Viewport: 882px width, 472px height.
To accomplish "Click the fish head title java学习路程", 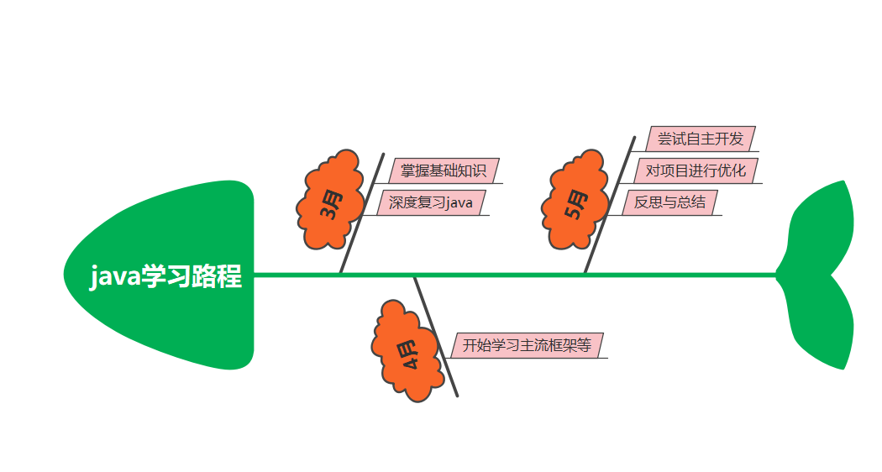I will (165, 275).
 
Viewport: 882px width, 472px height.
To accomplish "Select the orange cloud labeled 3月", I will (330, 202).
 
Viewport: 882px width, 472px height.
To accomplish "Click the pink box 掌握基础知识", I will (443, 170).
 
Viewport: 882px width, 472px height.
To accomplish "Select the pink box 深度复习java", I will (431, 203).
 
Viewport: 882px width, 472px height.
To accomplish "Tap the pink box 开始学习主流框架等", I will (527, 345).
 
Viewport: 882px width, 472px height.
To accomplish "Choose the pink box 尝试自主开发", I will (701, 139).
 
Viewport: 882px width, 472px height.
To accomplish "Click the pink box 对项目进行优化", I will (695, 170).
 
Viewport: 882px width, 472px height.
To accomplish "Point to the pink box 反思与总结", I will (669, 203).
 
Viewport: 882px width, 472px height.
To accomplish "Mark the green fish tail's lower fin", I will (823, 323).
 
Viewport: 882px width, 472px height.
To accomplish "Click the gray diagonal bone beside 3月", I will (361, 214).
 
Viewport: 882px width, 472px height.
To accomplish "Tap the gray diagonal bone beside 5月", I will (609, 206).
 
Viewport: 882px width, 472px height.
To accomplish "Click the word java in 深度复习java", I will (459, 203).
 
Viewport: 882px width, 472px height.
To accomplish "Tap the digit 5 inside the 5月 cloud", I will (574, 211).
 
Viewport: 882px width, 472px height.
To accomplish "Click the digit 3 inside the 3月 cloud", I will (327, 211).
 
